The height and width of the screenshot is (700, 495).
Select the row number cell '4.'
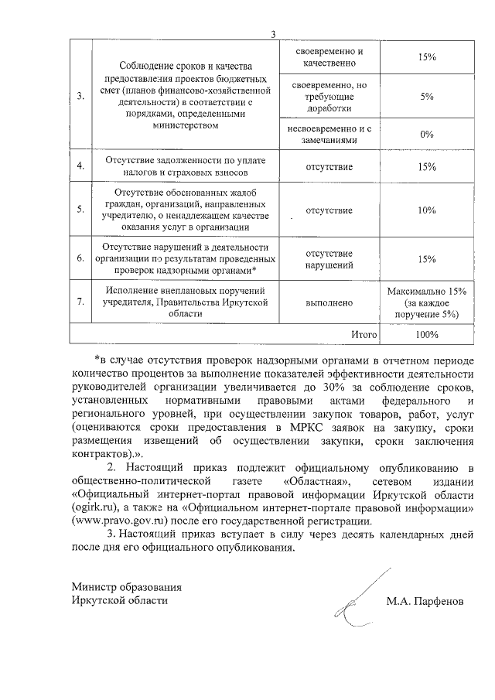click(x=80, y=166)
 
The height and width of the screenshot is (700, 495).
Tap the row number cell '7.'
click(x=80, y=301)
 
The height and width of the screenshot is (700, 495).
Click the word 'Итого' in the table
click(x=364, y=335)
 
